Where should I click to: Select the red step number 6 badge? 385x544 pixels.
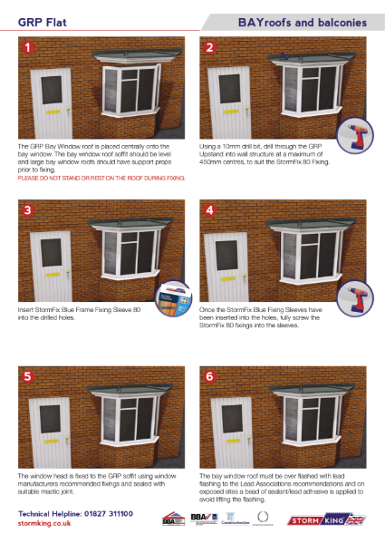click(x=210, y=376)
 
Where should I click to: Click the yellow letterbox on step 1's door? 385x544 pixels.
click(x=47, y=115)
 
